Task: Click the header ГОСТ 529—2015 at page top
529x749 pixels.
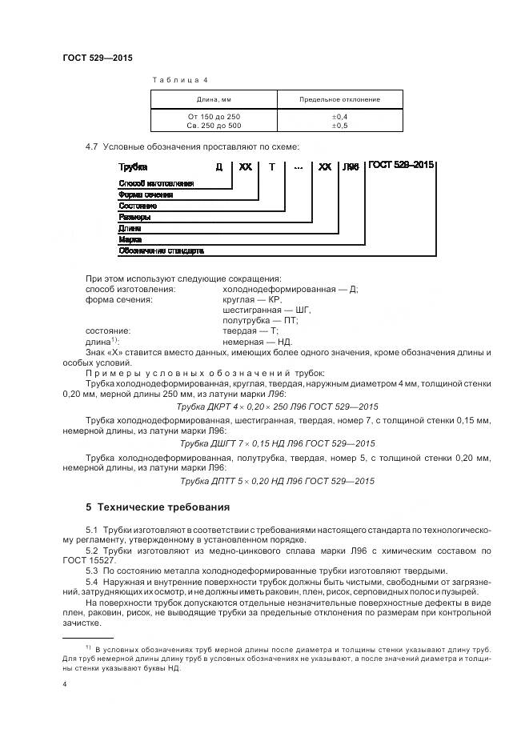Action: [98, 58]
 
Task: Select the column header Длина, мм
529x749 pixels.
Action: [214, 99]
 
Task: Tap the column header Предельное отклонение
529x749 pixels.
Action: [339, 99]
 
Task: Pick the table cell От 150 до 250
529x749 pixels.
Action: [214, 116]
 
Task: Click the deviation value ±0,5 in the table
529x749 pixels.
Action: [339, 125]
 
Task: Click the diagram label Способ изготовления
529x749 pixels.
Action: [156, 183]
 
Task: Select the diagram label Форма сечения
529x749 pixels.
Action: [146, 194]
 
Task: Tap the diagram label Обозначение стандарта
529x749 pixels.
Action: [161, 250]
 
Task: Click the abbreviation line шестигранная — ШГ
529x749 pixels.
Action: [267, 310]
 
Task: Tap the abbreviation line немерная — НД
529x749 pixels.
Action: [258, 342]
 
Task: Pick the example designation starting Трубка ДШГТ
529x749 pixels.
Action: [277, 443]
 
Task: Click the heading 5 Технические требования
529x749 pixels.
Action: [157, 507]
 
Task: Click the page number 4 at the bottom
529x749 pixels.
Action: [65, 684]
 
